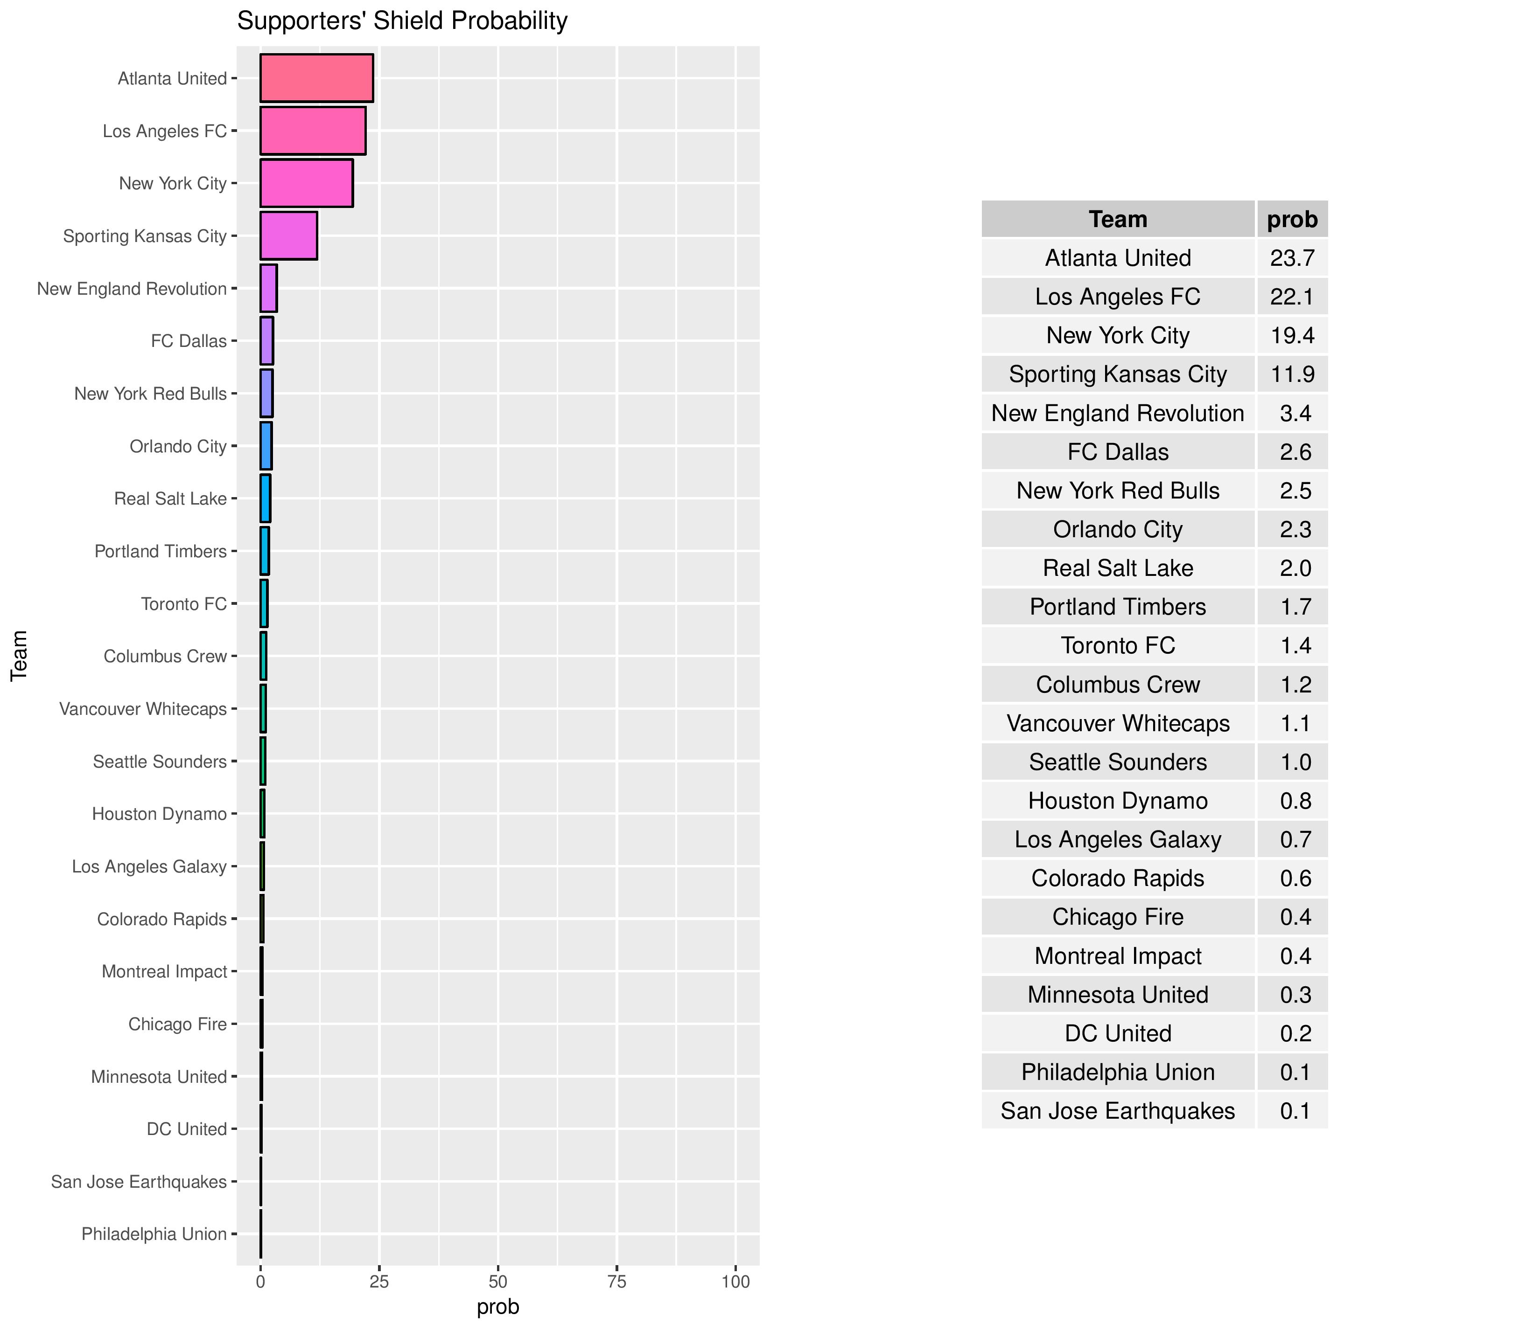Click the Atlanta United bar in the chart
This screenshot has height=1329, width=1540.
coord(316,78)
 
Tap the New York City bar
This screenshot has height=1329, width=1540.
coord(306,183)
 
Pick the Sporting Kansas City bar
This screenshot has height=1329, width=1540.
coord(288,235)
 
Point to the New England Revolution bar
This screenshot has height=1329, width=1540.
coord(268,288)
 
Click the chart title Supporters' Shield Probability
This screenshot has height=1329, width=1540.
coord(402,21)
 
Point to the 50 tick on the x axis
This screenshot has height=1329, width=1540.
coord(498,1281)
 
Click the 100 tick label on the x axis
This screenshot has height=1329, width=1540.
coord(735,1281)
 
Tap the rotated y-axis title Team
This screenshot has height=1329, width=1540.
coord(19,655)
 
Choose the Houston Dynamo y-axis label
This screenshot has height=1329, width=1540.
coord(159,814)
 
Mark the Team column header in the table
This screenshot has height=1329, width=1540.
coord(1118,219)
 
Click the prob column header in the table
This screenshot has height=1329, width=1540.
coord(1293,219)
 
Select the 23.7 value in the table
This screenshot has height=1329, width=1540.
coord(1293,258)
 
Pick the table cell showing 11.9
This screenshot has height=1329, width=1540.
coord(1293,374)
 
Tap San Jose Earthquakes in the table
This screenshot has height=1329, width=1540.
coord(1118,1111)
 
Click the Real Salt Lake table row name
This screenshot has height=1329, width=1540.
coord(1118,568)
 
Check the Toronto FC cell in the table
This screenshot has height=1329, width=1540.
coord(1118,645)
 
